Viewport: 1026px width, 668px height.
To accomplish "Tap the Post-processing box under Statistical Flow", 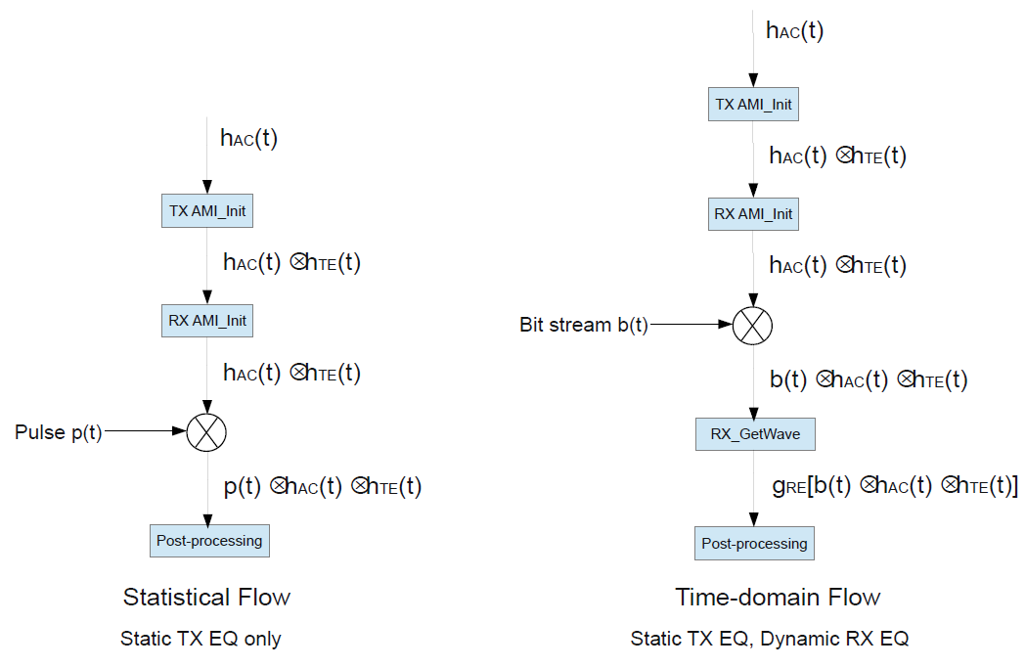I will [x=209, y=540].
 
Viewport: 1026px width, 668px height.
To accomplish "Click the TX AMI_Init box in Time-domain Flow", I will [x=753, y=104].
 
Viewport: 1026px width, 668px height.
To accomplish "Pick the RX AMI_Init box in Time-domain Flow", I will [x=753, y=213].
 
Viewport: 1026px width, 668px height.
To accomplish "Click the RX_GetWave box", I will [x=754, y=433].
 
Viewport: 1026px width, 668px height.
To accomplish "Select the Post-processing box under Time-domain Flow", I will [x=754, y=543].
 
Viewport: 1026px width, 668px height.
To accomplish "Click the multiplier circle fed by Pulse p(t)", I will [x=206, y=430].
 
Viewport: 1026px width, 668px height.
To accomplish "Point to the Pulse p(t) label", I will [x=58, y=431].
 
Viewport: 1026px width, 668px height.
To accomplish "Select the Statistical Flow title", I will [x=206, y=597].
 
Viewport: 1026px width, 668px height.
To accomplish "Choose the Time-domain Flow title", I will [x=778, y=597].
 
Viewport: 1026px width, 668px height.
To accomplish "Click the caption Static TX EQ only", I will [x=201, y=639].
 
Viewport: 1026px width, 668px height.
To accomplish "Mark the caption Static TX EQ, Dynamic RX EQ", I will [x=770, y=639].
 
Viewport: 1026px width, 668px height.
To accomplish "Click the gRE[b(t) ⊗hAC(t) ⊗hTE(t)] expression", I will [x=894, y=486].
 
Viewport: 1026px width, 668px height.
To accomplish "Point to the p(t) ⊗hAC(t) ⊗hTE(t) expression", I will [x=322, y=486].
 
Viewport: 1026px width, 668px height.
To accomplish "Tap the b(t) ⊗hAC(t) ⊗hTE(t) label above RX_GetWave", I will [x=869, y=379].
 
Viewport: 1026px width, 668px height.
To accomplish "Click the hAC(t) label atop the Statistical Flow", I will [x=248, y=138].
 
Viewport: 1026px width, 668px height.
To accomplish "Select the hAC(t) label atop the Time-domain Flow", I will [x=794, y=29].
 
